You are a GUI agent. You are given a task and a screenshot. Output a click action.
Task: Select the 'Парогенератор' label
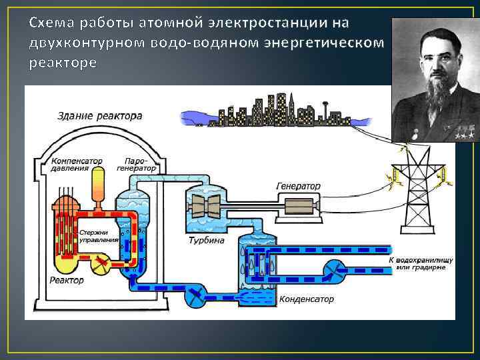[136, 165]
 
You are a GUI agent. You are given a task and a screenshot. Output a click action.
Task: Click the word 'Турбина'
[206, 240]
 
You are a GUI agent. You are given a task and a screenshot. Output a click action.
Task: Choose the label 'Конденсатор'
[306, 299]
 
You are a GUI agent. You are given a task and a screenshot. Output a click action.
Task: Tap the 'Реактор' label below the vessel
[67, 280]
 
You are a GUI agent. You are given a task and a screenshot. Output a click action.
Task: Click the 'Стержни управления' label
[99, 236]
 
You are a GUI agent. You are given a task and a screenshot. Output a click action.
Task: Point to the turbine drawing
[206, 204]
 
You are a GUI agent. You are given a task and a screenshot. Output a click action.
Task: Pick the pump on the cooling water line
[331, 269]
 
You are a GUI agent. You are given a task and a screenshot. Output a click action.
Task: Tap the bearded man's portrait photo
[435, 79]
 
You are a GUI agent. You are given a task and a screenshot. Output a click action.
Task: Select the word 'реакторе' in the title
[63, 63]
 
